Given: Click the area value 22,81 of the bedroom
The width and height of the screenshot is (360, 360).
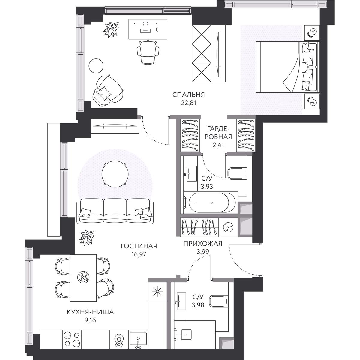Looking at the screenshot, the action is pyautogui.click(x=188, y=103).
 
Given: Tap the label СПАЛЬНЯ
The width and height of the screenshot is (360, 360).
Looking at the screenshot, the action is pyautogui.click(x=188, y=95).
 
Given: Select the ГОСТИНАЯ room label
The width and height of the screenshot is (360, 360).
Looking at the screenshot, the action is pyautogui.click(x=139, y=246).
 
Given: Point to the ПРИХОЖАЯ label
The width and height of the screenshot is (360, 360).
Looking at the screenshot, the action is pyautogui.click(x=203, y=244).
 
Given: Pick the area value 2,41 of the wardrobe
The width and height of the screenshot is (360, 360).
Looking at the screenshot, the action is pyautogui.click(x=218, y=145).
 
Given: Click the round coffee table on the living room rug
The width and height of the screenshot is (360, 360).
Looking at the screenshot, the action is pyautogui.click(x=115, y=175).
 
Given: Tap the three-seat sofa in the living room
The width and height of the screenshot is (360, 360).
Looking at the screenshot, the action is pyautogui.click(x=115, y=211).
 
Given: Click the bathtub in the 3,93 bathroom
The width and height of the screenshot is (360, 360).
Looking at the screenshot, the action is pyautogui.click(x=212, y=202).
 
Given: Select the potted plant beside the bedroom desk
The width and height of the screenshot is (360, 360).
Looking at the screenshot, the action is pyautogui.click(x=111, y=29).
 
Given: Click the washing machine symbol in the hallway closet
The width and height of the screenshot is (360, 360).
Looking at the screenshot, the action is pyautogui.click(x=228, y=227).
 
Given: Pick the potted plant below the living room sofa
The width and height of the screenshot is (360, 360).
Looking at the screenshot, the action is pyautogui.click(x=86, y=237).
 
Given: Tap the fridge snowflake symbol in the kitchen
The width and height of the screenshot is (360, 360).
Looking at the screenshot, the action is pyautogui.click(x=157, y=291).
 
